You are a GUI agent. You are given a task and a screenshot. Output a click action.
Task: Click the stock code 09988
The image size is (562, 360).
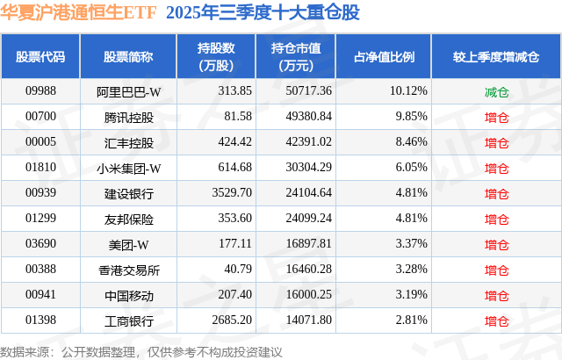point(40,91)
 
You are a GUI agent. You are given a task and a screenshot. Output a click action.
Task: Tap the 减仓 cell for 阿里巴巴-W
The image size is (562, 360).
point(497,91)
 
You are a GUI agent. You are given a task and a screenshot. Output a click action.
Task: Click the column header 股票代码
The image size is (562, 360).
point(40,57)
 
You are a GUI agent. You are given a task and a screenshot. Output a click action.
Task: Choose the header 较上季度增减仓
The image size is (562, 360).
point(497,57)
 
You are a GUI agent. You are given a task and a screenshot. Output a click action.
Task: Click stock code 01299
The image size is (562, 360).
point(40,219)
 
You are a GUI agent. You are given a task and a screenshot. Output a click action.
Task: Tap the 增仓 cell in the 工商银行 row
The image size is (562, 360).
point(497,320)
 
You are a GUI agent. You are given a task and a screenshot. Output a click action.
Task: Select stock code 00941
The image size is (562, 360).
point(40,295)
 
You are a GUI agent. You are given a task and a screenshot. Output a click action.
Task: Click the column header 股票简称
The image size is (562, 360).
point(128,57)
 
